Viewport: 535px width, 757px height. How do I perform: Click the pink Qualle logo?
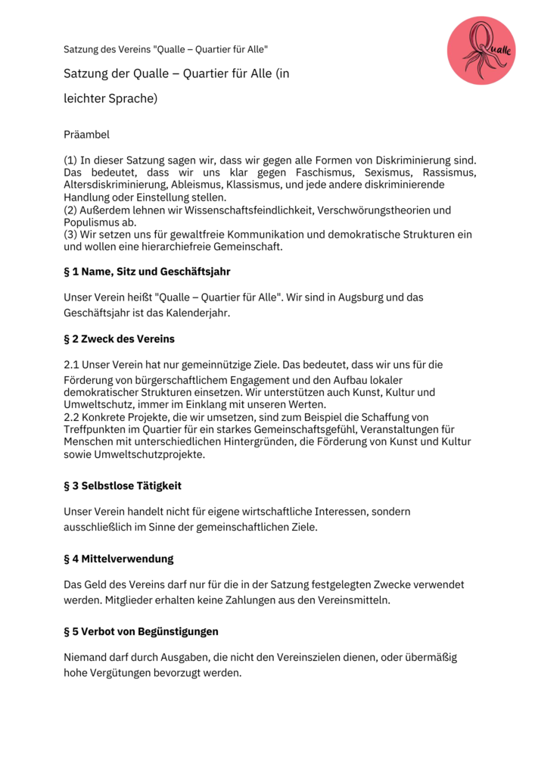pyautogui.click(x=481, y=51)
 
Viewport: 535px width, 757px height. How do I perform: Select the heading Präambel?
pyautogui.click(x=86, y=135)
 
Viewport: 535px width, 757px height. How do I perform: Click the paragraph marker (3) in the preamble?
pyautogui.click(x=72, y=235)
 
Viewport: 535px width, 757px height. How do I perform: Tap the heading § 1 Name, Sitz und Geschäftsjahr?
pyautogui.click(x=147, y=271)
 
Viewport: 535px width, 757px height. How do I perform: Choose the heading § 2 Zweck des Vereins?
pyautogui.click(x=119, y=338)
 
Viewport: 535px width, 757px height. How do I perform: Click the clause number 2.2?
pyautogui.click(x=72, y=417)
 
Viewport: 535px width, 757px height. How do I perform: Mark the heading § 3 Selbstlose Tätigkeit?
pyautogui.click(x=122, y=485)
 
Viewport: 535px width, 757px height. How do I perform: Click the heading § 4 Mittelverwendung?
pyautogui.click(x=118, y=559)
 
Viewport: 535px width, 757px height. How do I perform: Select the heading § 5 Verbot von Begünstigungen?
pyautogui.click(x=141, y=631)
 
